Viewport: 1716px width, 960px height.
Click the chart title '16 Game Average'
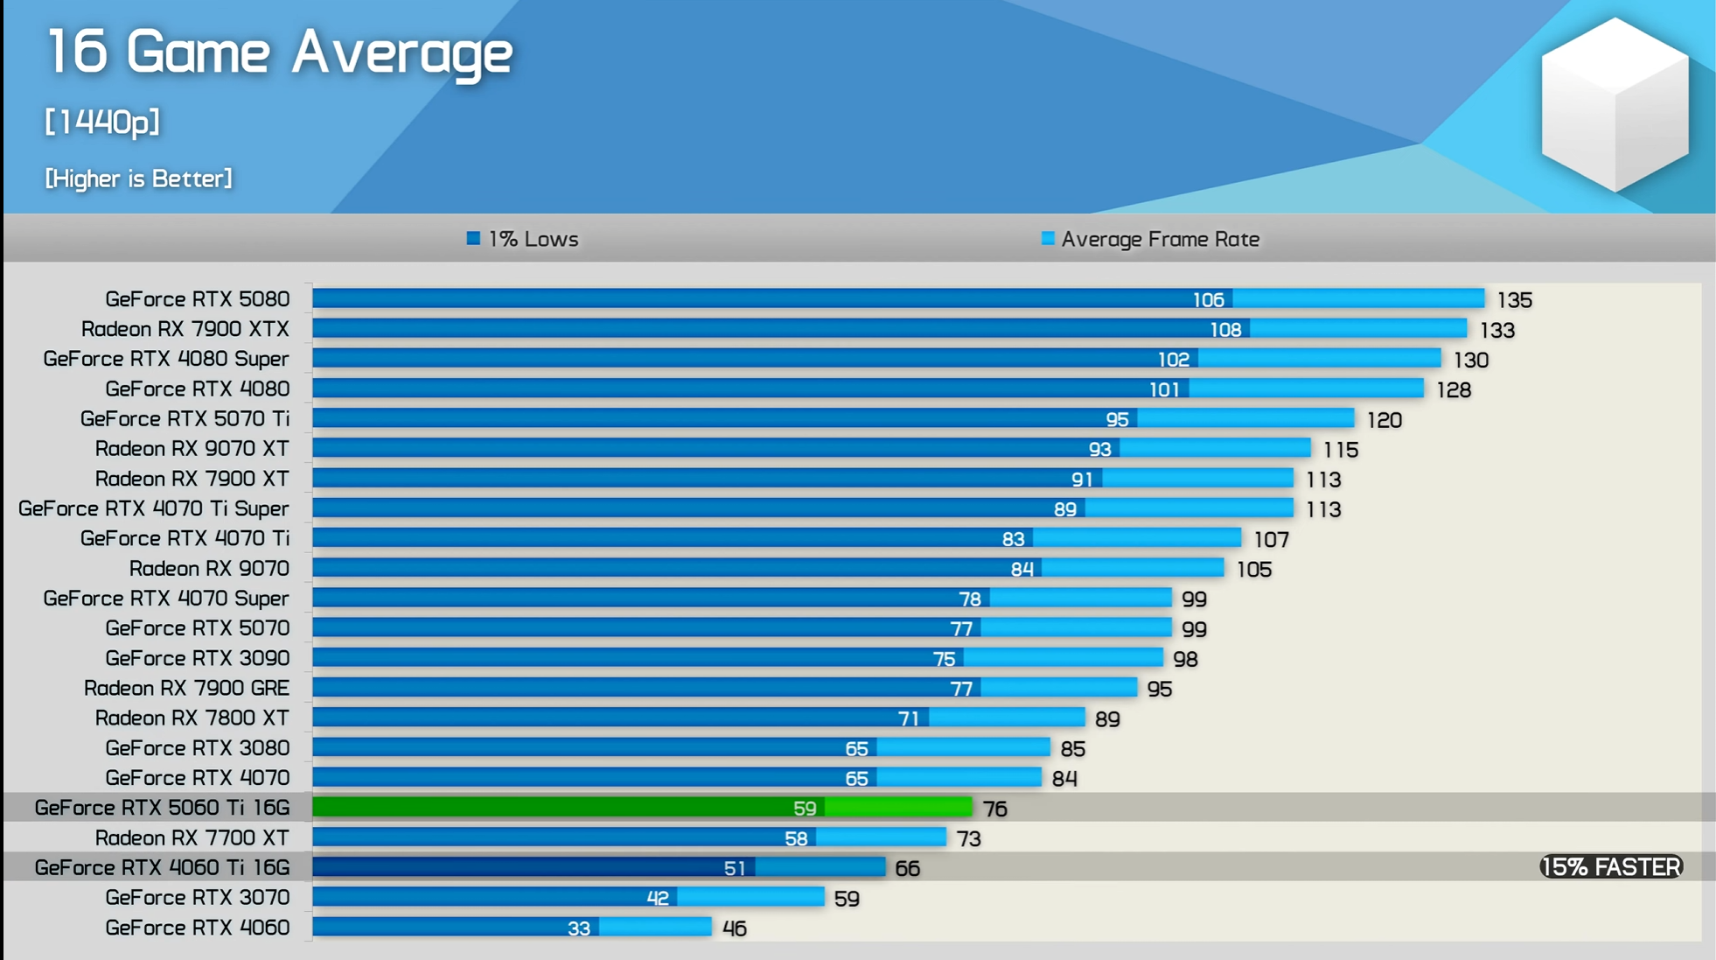coord(279,53)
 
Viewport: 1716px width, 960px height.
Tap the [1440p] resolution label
coord(102,122)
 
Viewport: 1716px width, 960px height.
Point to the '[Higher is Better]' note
coord(138,179)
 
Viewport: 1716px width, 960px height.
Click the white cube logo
coord(1615,105)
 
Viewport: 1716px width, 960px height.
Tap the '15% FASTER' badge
coord(1611,867)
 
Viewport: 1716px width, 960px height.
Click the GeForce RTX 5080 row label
coord(197,299)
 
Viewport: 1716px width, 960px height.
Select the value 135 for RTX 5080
coord(1514,300)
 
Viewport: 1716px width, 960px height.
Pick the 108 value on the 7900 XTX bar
coord(1224,330)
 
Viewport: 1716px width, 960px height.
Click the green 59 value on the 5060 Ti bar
coord(805,809)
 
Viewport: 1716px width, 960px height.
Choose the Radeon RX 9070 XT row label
coord(192,449)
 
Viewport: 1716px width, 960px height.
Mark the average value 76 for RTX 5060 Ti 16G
coord(995,809)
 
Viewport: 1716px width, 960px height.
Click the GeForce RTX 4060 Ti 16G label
coord(162,867)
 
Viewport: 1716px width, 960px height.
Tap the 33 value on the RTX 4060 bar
coord(579,928)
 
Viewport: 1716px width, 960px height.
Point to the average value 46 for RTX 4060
coord(735,928)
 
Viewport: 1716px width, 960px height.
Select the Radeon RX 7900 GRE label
coord(186,688)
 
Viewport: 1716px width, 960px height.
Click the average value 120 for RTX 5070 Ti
coord(1384,420)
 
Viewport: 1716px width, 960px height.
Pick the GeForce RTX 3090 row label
coord(197,658)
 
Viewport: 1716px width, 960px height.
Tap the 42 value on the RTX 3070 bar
coord(658,899)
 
